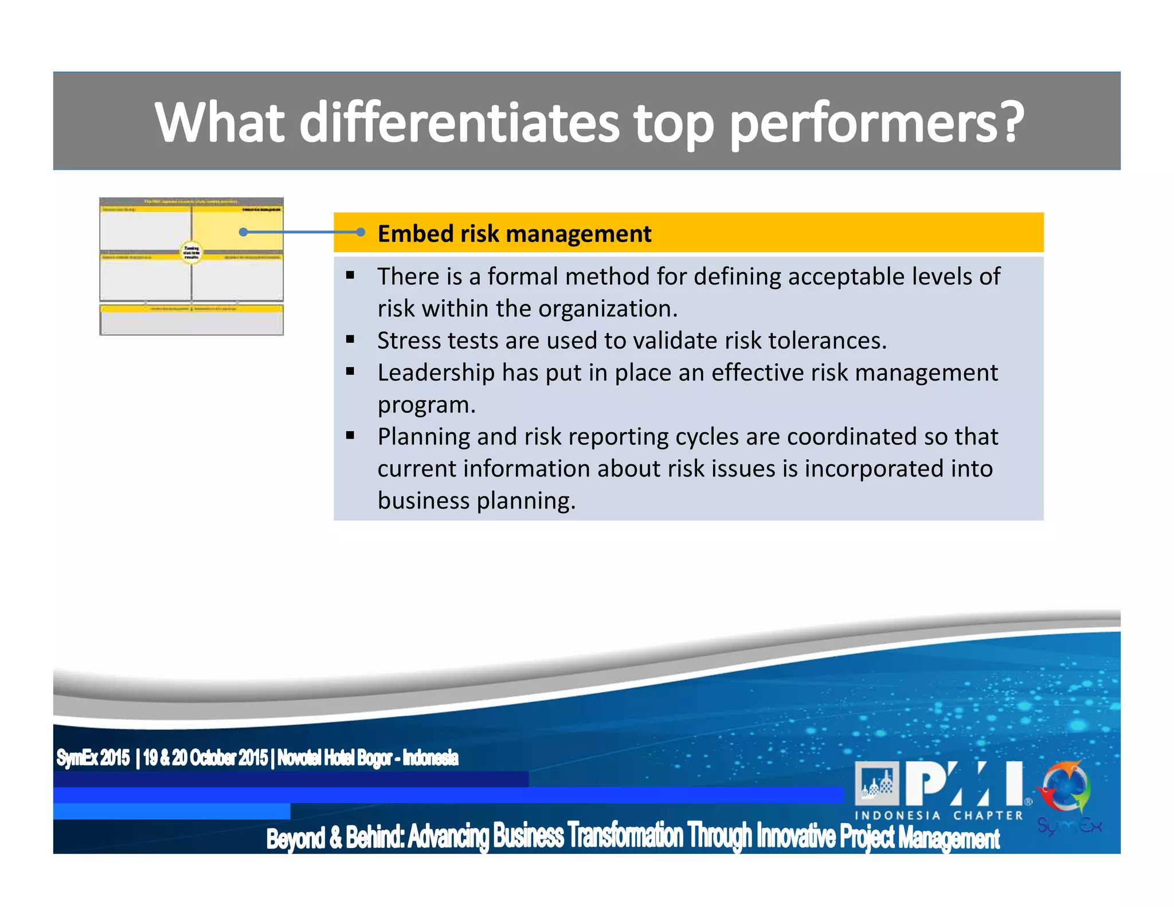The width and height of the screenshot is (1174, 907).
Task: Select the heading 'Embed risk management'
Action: point(514,233)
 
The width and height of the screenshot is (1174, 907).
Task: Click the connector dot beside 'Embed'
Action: point(361,232)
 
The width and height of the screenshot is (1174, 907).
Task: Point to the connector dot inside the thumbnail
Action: point(243,232)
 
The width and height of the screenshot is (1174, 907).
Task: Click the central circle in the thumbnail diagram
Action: point(191,252)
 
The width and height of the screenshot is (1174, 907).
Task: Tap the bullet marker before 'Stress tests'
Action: point(350,339)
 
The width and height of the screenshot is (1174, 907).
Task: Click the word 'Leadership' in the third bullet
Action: point(436,373)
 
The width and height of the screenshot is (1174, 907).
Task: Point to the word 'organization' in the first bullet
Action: point(607,308)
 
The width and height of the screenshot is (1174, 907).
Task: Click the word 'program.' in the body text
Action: point(426,405)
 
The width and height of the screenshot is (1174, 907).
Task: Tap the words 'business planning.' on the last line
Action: point(476,501)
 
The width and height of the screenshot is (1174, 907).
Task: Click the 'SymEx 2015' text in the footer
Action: point(93,758)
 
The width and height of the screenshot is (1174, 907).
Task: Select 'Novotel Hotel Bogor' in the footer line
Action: point(335,758)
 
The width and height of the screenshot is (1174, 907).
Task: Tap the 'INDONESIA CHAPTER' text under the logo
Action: point(938,815)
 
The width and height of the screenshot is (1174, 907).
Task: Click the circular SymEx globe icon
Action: point(1066,789)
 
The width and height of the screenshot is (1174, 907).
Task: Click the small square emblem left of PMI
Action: point(876,783)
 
